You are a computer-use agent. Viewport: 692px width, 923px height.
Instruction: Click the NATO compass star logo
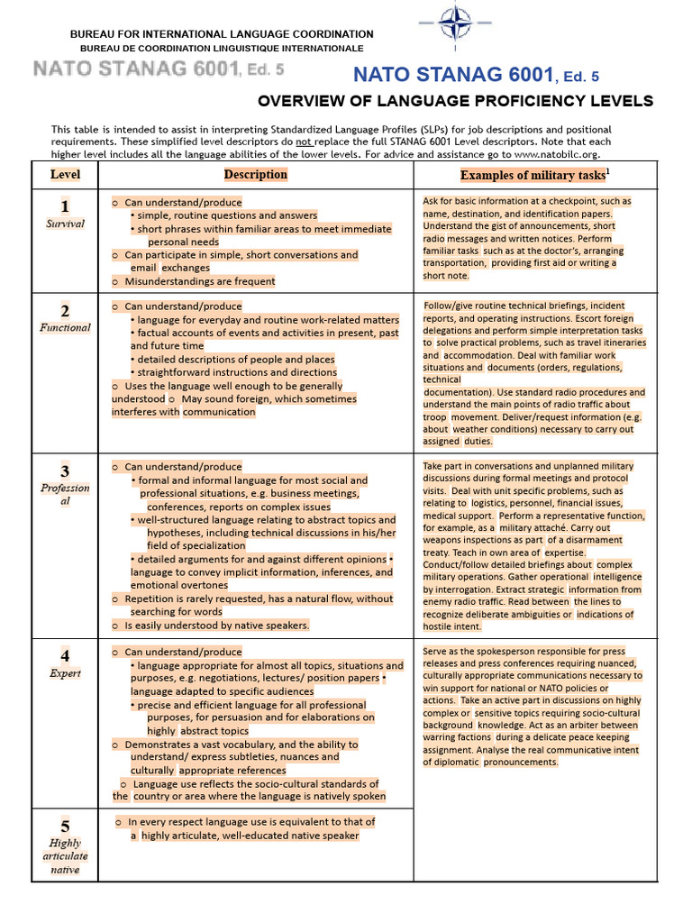[x=455, y=22]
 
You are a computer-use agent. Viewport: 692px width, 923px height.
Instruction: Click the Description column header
[x=256, y=175]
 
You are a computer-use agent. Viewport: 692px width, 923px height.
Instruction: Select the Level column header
[x=65, y=175]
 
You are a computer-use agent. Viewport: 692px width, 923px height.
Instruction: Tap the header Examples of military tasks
[x=535, y=175]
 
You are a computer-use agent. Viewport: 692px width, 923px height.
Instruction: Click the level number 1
[x=65, y=206]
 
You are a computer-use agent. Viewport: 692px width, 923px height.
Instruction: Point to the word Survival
[x=65, y=224]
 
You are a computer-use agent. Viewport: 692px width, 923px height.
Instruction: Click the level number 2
[x=65, y=311]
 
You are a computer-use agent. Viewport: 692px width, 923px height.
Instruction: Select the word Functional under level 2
[x=65, y=328]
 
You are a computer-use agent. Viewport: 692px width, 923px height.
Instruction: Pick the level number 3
[x=65, y=471]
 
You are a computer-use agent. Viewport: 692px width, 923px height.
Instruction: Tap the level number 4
[x=65, y=655]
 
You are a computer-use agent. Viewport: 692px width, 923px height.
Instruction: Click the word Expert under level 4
[x=65, y=673]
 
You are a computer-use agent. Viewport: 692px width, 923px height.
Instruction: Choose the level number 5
[x=65, y=826]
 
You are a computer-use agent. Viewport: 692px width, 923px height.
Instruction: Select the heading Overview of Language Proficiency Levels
[x=456, y=101]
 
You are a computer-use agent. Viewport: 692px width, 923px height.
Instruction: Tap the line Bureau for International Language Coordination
[x=222, y=34]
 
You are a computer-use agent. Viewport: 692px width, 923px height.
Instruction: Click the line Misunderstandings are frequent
[x=200, y=281]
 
